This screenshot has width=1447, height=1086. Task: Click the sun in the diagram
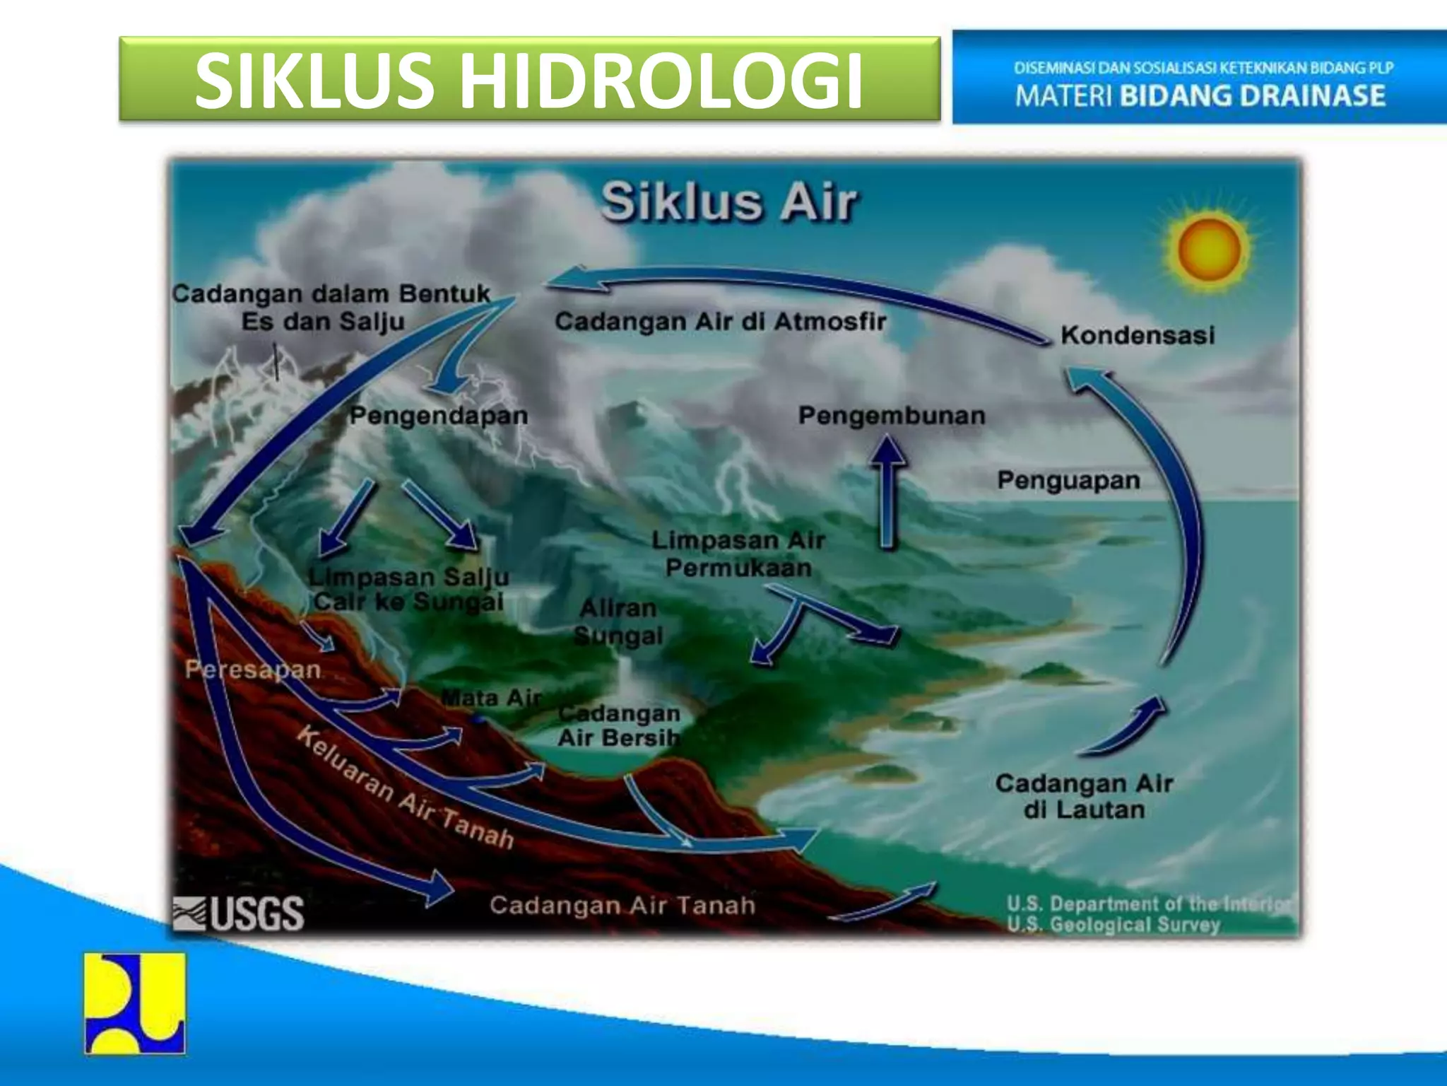1209,250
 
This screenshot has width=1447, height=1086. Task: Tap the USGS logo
239,913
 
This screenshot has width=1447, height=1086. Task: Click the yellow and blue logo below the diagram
135,1003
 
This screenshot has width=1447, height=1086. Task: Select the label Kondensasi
1137,335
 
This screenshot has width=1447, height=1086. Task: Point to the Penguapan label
1068,481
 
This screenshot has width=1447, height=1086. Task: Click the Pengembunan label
892,416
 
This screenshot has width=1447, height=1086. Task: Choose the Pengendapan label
439,416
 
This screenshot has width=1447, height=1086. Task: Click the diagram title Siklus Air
729,202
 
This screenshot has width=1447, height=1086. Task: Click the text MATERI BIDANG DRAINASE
1200,96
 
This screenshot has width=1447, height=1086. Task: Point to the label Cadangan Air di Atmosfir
720,322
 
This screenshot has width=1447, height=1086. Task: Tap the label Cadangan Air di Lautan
1084,796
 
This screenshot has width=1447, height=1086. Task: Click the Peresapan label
253,670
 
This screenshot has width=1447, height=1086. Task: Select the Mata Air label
492,699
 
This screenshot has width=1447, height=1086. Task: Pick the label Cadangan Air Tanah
622,906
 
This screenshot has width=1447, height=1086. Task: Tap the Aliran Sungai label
618,622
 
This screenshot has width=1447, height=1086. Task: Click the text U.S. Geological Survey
1114,925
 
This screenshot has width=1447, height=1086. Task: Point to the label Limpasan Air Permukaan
738,554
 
